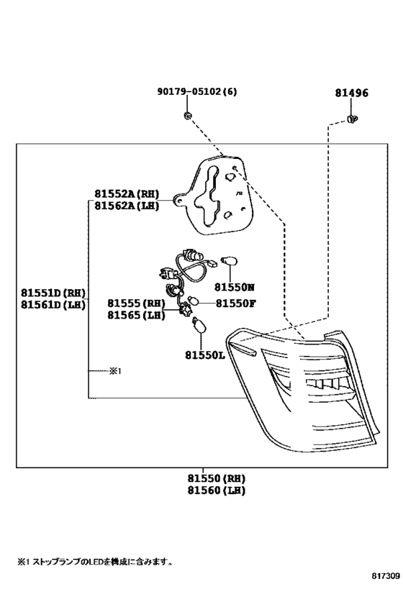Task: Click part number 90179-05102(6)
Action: coord(197,91)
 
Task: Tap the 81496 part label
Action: coord(352,93)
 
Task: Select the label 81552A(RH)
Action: coord(127,194)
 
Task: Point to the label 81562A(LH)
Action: coord(127,206)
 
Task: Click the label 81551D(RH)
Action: coord(53,293)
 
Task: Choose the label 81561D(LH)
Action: coord(53,305)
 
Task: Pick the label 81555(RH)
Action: coord(137,303)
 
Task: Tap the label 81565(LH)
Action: coord(137,315)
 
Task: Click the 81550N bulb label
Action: coord(234,288)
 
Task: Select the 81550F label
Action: coord(236,303)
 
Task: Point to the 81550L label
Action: coord(204,355)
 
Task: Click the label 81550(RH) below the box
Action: coord(217,478)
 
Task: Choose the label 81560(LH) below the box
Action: coord(217,490)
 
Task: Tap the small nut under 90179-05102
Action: coord(188,116)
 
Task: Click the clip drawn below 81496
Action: coord(352,119)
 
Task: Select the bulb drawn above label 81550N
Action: coord(230,260)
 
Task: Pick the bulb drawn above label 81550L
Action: coord(199,325)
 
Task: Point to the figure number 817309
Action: coord(386,575)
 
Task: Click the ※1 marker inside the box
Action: coord(115,371)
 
